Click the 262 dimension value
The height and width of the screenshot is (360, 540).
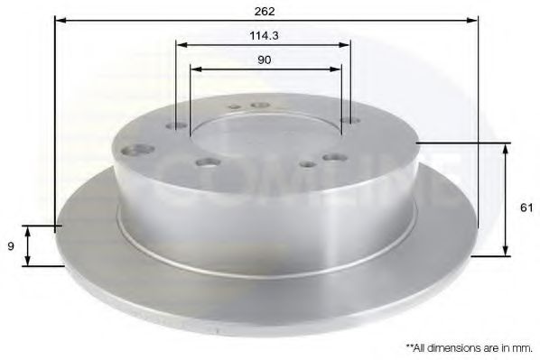click(x=265, y=11)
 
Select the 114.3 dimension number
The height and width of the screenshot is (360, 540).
click(x=263, y=36)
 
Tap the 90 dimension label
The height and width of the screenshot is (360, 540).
click(x=264, y=60)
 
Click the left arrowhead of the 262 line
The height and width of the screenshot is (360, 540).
click(x=61, y=21)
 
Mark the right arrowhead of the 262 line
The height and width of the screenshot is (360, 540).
click(x=470, y=21)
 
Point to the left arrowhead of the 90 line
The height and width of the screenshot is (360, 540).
click(x=196, y=69)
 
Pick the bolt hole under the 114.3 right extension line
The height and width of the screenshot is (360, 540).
click(x=350, y=122)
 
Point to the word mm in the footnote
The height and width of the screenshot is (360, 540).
click(x=522, y=346)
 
